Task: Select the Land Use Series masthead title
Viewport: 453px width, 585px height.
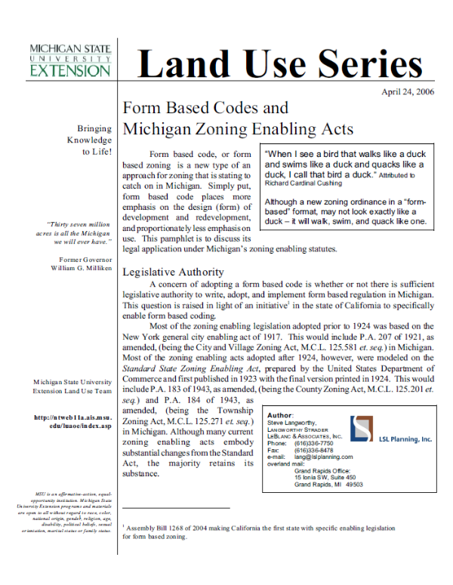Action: pyautogui.click(x=280, y=63)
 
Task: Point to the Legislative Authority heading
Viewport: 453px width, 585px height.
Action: pyautogui.click(x=173, y=271)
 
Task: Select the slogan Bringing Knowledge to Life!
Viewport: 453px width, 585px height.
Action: pyautogui.click(x=90, y=140)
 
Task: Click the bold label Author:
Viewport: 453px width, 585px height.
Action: pyautogui.click(x=281, y=415)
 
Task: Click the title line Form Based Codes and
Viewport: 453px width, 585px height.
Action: pyautogui.click(x=205, y=108)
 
